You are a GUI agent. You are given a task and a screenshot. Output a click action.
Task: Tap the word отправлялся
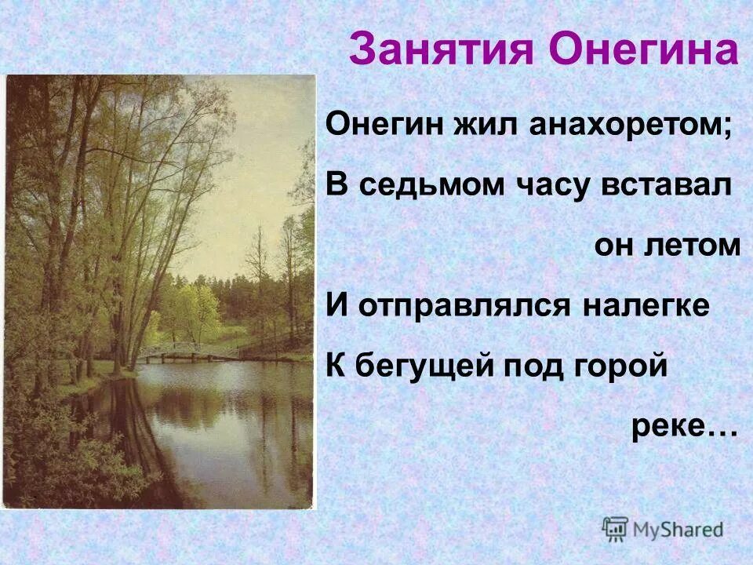click(x=464, y=305)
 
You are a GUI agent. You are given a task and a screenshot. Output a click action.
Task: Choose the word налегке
click(x=646, y=305)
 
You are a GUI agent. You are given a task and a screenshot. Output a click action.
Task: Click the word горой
click(x=623, y=366)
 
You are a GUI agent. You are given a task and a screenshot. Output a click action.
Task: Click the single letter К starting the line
click(x=336, y=366)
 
